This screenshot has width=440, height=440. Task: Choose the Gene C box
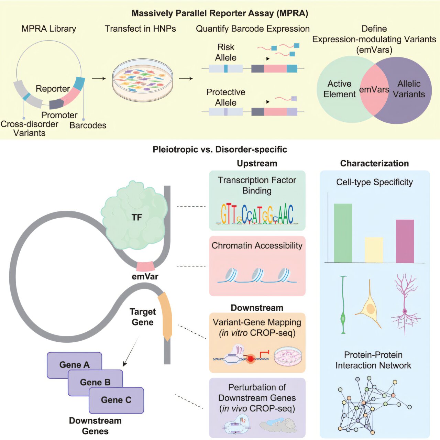(x=116, y=400)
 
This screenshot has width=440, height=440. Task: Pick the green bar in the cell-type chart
(x=343, y=233)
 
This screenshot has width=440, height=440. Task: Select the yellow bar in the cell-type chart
(x=374, y=250)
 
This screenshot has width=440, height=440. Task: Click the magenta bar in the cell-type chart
(x=405, y=241)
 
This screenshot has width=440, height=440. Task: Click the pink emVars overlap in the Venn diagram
(x=374, y=89)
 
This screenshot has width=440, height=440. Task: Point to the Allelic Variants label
(x=409, y=89)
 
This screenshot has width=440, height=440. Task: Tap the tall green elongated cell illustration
(x=343, y=305)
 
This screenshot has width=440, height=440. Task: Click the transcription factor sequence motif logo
(x=257, y=214)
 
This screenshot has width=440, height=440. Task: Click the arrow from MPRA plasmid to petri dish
(x=99, y=79)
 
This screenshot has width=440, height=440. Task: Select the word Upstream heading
(x=257, y=164)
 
